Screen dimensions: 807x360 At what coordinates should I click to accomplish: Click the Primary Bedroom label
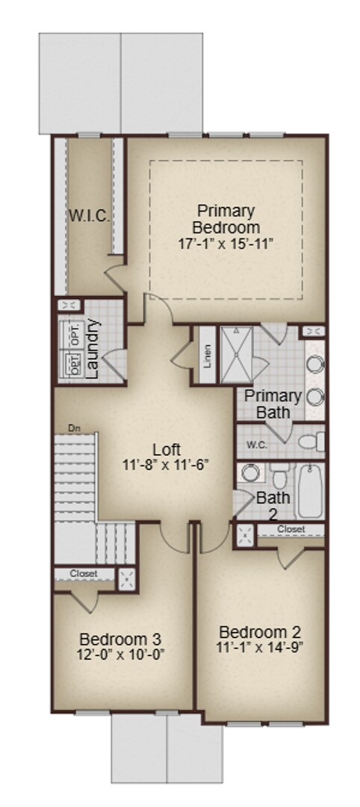(x=226, y=219)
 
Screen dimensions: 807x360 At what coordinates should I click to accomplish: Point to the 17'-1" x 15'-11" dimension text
(x=226, y=244)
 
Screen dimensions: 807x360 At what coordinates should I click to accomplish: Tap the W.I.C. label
(x=90, y=217)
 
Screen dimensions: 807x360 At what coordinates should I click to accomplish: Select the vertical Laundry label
(x=93, y=350)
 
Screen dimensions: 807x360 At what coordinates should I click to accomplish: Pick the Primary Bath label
(x=273, y=403)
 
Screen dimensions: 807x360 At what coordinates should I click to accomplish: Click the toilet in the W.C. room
(x=310, y=442)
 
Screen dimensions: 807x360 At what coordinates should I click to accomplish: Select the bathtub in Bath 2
(x=310, y=492)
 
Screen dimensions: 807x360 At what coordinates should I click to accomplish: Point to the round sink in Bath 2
(x=249, y=473)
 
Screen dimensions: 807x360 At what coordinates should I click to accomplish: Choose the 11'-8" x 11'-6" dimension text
(x=165, y=464)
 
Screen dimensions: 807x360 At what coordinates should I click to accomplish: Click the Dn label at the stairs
(x=74, y=428)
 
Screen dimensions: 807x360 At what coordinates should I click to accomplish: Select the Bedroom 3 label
(x=120, y=640)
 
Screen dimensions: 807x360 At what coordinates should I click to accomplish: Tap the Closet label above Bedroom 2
(x=291, y=529)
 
